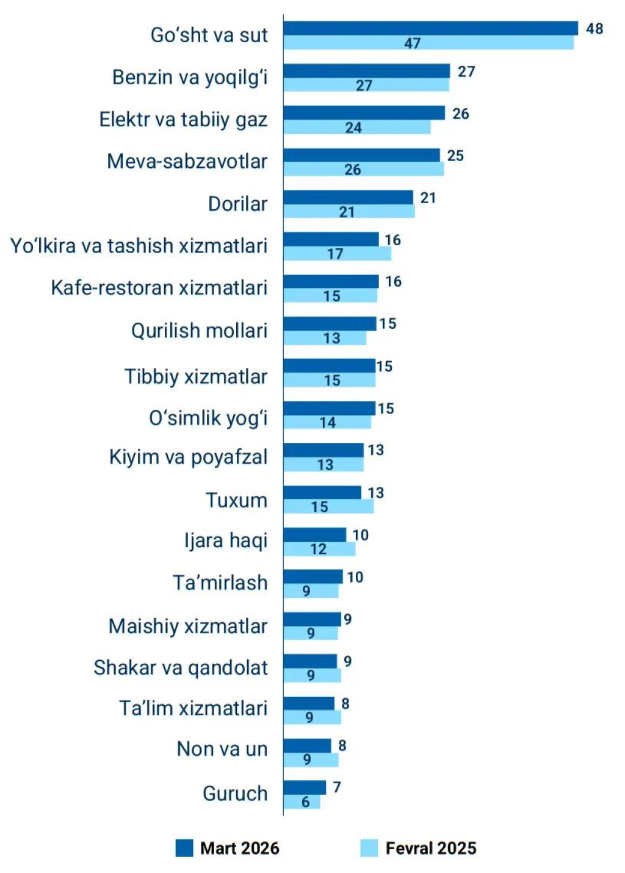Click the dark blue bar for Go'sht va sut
(430, 28)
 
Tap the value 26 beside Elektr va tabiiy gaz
(461, 113)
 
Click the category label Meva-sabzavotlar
(187, 162)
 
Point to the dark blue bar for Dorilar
(348, 197)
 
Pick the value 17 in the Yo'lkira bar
(335, 254)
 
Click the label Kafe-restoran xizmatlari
(159, 287)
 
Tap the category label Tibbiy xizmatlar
(195, 376)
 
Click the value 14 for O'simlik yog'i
(328, 422)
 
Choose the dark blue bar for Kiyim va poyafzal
(323, 450)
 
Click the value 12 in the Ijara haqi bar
(319, 549)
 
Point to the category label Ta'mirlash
(220, 583)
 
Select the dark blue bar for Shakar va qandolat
(310, 661)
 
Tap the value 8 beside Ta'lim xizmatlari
(345, 703)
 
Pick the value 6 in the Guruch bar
(306, 802)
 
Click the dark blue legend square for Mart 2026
(184, 848)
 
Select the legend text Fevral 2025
(431, 848)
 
